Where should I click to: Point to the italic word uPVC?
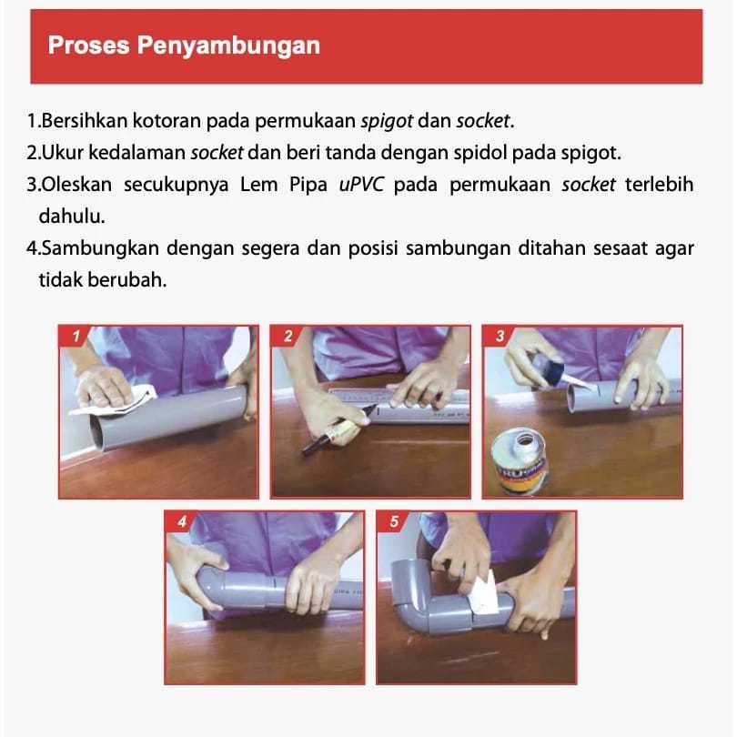363,185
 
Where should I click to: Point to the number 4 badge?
182,522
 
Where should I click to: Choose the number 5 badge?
393,522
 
